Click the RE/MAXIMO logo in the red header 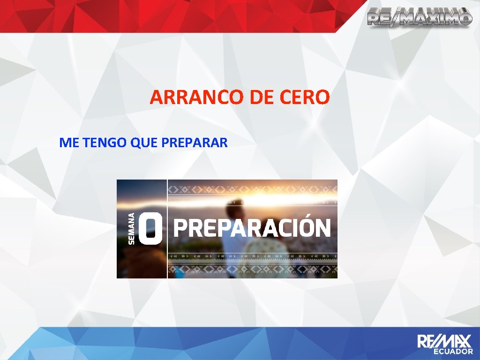tap(419, 17)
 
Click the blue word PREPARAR tap(194, 143)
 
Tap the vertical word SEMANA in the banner tap(133, 228)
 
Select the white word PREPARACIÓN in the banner tap(252, 229)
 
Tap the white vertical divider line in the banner tap(167, 229)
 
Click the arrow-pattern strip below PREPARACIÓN tap(252, 255)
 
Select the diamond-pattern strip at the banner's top tap(252, 189)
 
